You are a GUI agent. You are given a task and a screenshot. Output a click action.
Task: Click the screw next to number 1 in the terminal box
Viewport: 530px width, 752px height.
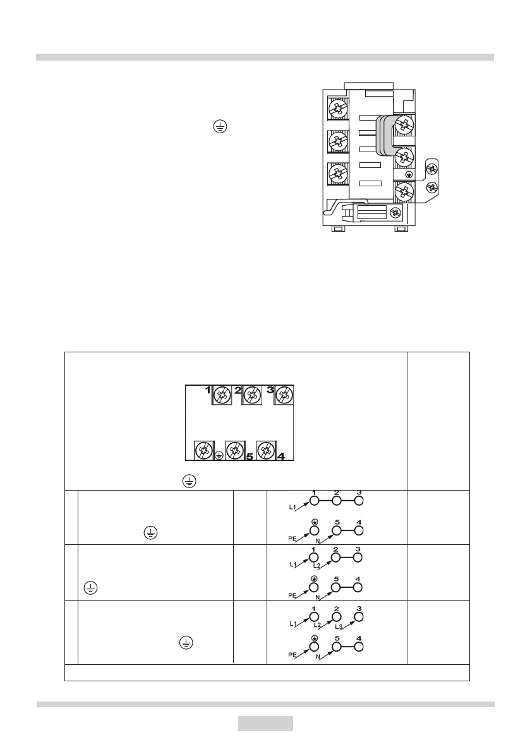[222, 396]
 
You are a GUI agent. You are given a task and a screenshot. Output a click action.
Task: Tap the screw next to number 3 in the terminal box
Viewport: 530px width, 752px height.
[284, 396]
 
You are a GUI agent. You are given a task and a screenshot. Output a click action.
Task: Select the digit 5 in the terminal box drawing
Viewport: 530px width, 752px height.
[249, 455]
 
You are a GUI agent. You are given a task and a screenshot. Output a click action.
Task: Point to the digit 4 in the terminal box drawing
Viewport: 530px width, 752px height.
[280, 455]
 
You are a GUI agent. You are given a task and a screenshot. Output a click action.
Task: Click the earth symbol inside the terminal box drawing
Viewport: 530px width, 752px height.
[219, 455]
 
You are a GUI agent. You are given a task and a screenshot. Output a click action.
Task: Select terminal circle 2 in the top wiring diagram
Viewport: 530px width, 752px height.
[337, 501]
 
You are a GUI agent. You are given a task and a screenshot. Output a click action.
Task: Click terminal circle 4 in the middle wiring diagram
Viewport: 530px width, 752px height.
[358, 587]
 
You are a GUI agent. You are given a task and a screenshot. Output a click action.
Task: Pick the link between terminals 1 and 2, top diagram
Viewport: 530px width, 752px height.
[325, 501]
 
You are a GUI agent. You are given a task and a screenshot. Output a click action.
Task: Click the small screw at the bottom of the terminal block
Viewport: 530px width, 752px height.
[396, 213]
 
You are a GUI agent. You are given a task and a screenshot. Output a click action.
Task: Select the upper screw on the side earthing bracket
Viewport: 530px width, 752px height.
[432, 169]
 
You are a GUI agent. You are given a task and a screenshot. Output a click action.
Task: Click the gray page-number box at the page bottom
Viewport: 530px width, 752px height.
[265, 724]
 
